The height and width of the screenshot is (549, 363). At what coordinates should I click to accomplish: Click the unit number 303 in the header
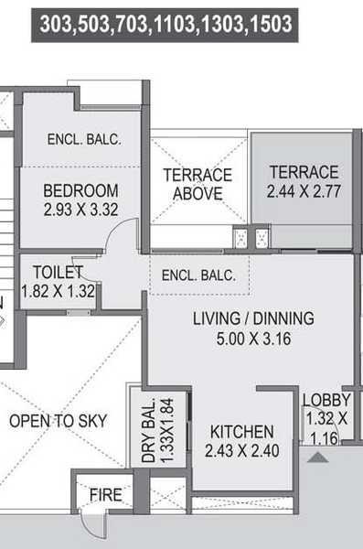coord(57,24)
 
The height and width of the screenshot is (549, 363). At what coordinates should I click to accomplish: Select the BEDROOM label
coord(81,190)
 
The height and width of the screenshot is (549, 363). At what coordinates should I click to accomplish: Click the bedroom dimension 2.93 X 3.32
coord(81,210)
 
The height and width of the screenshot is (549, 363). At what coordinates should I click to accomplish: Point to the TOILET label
coord(58,272)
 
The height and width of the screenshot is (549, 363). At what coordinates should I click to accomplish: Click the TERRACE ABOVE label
coord(198,184)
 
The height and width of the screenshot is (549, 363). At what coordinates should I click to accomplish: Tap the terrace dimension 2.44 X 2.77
coord(303,192)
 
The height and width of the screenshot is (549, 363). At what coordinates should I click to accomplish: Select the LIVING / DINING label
coord(253,318)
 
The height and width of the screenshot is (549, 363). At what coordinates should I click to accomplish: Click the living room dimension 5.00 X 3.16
coord(253,339)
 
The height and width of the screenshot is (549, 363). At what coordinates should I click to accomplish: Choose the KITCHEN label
coord(241,431)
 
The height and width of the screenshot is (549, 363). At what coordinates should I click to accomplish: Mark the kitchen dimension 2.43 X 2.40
coord(241,450)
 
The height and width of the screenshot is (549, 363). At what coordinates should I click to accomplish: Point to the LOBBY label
coord(326,400)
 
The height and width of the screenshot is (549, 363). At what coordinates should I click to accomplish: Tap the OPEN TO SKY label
coord(58,421)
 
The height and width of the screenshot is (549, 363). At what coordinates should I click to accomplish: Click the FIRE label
coord(105,495)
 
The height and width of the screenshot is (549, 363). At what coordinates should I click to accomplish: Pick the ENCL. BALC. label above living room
coord(198,274)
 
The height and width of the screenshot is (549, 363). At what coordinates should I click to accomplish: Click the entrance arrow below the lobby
coord(316,455)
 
